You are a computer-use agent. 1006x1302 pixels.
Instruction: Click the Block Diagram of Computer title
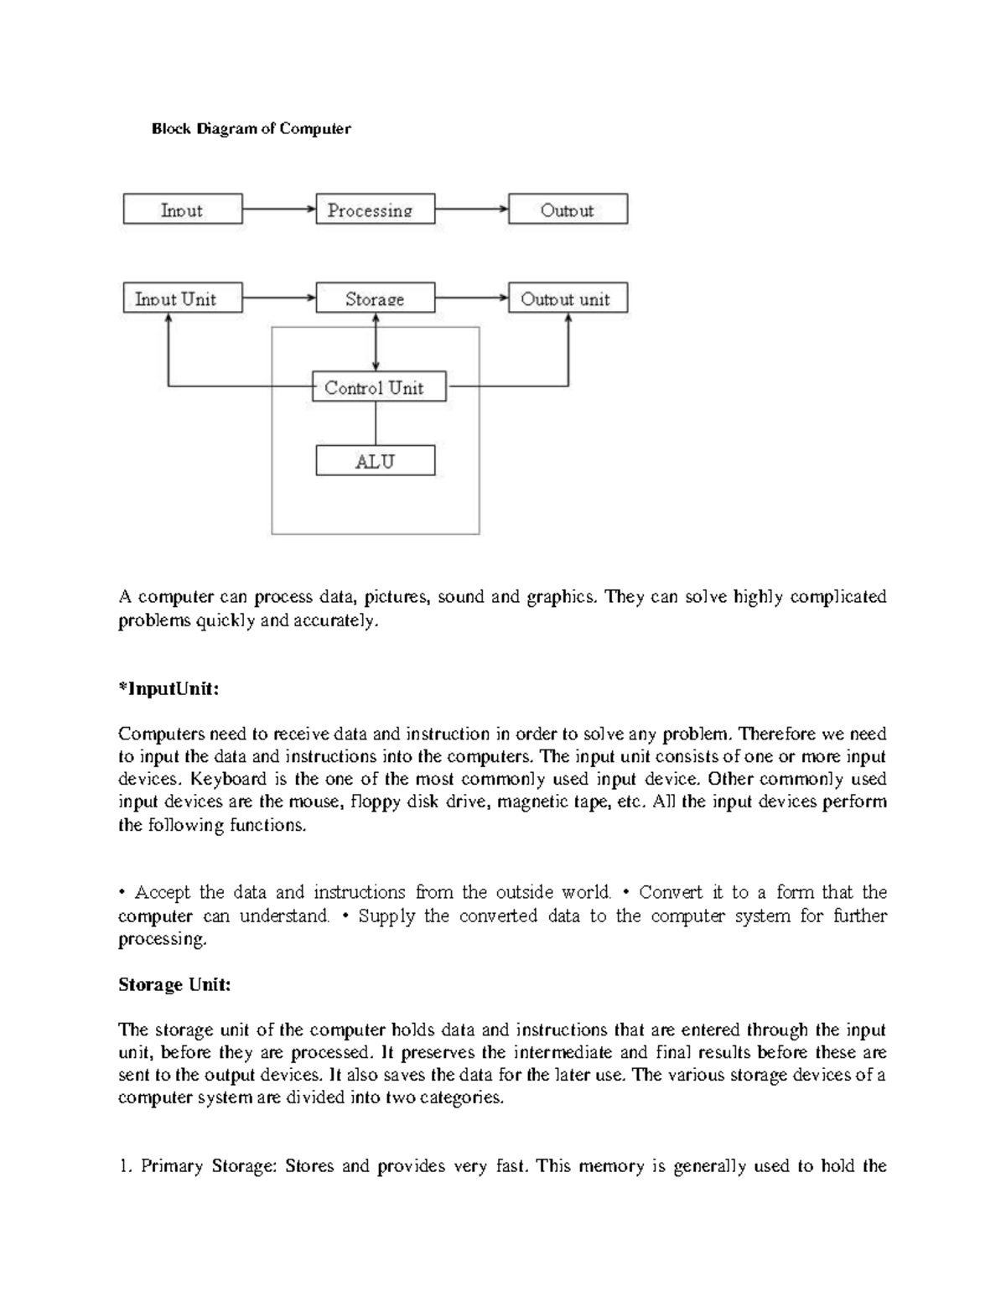[251, 129]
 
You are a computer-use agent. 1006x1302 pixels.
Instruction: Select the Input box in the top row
[182, 210]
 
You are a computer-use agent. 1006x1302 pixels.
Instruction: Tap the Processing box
[375, 210]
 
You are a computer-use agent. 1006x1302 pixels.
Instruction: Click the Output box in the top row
[568, 210]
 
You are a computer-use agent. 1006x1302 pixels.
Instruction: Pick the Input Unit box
[182, 298]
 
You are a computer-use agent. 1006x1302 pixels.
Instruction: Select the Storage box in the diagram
[375, 298]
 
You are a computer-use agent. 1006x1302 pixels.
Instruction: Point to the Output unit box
[568, 298]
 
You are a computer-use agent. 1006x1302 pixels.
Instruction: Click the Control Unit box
[378, 387]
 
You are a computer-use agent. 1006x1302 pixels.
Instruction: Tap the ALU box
[375, 461]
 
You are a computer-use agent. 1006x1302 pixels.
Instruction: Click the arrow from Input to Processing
[278, 209]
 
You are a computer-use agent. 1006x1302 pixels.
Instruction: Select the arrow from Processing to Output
[471, 209]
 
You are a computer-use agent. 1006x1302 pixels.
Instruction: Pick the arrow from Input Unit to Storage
[278, 298]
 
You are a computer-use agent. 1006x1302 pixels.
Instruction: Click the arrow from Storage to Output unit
[471, 298]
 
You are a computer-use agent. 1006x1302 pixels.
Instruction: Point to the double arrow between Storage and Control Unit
[376, 342]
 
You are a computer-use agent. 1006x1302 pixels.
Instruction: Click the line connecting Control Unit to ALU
[376, 423]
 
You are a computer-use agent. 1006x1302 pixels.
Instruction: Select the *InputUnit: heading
[169, 689]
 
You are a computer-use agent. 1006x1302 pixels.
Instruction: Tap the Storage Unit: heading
[174, 985]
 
